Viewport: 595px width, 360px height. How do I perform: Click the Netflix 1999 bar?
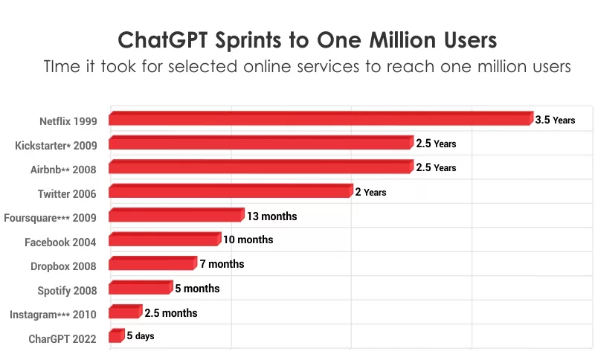click(x=321, y=118)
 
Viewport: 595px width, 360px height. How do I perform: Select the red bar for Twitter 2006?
click(x=231, y=191)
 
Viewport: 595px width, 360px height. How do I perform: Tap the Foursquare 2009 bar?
click(x=176, y=215)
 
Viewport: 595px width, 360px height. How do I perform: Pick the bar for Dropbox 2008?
click(x=153, y=263)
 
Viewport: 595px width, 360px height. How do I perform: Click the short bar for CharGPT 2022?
click(x=117, y=335)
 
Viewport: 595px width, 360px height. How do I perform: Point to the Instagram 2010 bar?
click(x=126, y=312)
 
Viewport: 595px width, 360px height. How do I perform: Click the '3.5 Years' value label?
click(x=555, y=120)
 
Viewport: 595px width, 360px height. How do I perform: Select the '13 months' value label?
click(x=271, y=216)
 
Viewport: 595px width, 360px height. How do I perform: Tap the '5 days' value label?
click(x=141, y=335)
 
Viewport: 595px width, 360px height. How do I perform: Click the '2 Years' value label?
click(x=370, y=193)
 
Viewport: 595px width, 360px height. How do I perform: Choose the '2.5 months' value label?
click(x=171, y=313)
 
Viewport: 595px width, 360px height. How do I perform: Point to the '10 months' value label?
click(x=248, y=240)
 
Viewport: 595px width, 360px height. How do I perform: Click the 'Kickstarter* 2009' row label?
click(x=57, y=145)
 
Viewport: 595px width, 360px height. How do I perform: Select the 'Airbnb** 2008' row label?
click(x=63, y=170)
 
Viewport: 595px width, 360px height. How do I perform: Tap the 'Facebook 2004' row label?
click(x=60, y=242)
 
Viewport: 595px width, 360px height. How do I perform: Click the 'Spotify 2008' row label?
click(x=67, y=291)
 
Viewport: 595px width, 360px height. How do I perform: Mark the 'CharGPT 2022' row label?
click(x=62, y=338)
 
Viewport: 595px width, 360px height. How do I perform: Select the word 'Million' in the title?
click(x=402, y=40)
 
